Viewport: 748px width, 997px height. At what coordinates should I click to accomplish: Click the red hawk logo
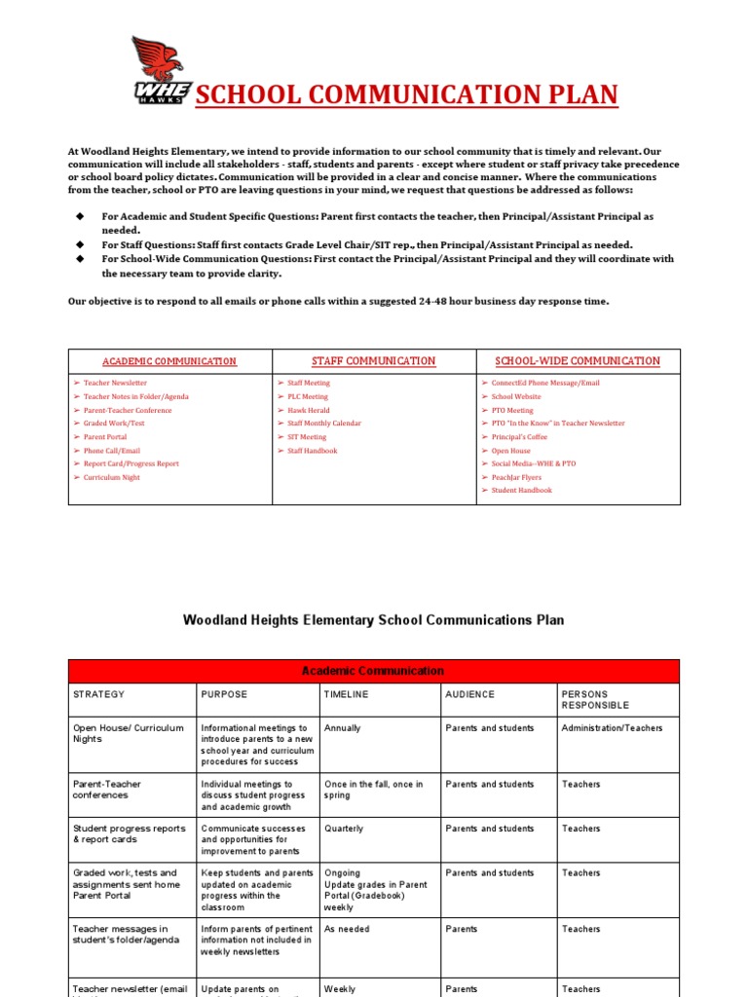163,69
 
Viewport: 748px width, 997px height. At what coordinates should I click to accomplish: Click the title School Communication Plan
406,94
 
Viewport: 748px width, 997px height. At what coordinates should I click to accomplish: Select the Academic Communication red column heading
169,361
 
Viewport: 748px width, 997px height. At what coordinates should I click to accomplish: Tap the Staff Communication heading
373,361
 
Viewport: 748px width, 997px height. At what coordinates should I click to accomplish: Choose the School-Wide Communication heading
578,361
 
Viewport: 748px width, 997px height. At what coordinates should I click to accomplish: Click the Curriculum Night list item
112,477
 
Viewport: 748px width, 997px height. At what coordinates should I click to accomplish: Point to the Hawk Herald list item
310,410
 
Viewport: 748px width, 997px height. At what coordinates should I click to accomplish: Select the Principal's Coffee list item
519,437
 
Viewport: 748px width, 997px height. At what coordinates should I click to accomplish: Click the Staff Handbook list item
312,451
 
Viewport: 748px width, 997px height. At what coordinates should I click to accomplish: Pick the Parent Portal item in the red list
105,437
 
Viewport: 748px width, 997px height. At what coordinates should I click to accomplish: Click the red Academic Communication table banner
373,671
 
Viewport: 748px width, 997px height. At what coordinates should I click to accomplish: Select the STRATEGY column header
99,694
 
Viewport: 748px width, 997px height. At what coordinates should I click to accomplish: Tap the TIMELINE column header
347,694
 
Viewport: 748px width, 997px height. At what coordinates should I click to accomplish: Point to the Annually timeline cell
342,727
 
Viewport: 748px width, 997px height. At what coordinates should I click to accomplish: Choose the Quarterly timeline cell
344,829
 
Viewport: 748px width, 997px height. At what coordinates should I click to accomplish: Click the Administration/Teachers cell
612,727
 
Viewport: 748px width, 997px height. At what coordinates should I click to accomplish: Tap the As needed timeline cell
347,929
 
